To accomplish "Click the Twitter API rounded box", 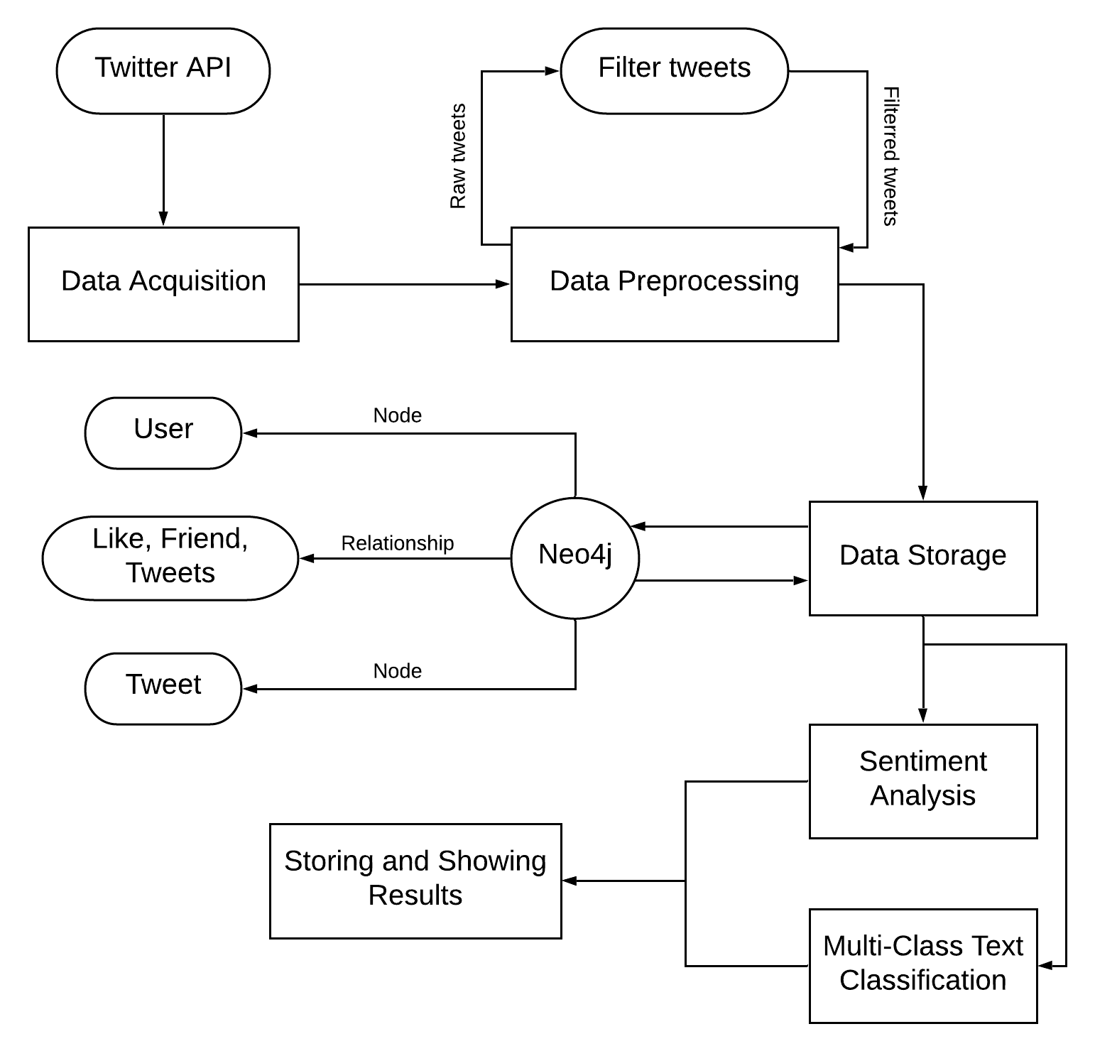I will (163, 70).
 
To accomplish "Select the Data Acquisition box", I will (163, 284).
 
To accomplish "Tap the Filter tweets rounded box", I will (674, 70).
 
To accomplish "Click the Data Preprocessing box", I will (674, 284).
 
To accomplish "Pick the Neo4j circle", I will (575, 558).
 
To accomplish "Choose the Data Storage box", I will (922, 558).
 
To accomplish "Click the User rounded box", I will (163, 432).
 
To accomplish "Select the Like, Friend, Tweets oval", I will (170, 558).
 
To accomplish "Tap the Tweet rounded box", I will (163, 688).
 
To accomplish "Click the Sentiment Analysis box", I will (922, 781).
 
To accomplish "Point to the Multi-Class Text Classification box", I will (922, 966).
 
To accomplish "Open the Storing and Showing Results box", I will (415, 881).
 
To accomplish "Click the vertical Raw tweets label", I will (458, 156).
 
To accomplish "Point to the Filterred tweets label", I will (890, 156).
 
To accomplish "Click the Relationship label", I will (397, 543).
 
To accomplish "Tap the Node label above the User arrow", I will (397, 415).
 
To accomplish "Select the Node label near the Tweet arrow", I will (397, 671).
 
